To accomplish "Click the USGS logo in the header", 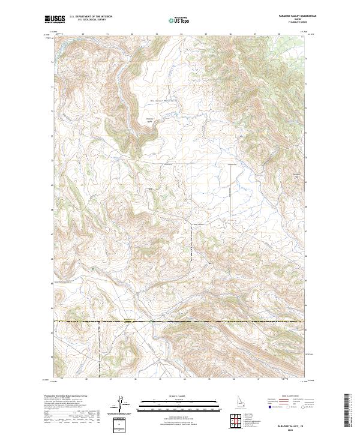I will (x=55, y=19).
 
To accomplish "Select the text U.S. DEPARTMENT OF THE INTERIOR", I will (x=91, y=17).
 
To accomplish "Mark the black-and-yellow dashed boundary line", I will (x=180, y=322).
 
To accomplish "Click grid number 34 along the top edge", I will (x=181, y=34).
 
